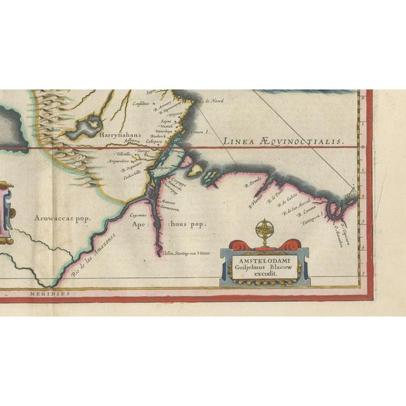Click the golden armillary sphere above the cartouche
point(263,230)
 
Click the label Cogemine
point(140,216)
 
